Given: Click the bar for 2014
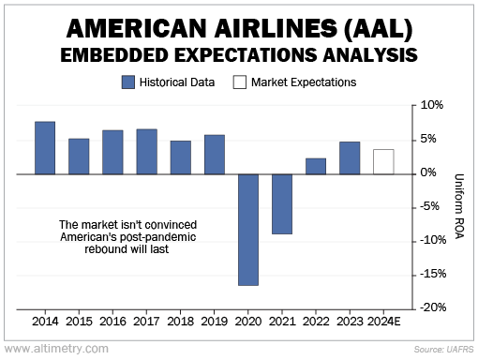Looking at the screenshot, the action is [x=45, y=148].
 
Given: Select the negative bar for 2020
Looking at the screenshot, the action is [x=248, y=230].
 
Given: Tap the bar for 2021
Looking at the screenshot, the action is [x=282, y=204].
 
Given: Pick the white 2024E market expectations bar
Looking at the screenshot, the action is [x=383, y=162].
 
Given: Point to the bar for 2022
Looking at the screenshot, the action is [x=316, y=166].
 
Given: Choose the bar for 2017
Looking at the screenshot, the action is [x=147, y=152].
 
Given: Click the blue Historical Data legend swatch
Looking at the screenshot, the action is [x=128, y=82].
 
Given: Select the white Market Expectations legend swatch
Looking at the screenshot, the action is [x=240, y=82].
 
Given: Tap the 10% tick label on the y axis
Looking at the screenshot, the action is [x=432, y=105].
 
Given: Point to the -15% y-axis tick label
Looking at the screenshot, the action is [x=433, y=274].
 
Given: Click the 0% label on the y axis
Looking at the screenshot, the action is [x=428, y=172].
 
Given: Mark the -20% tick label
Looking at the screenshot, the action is [x=433, y=307].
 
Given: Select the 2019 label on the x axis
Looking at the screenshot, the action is [x=214, y=322].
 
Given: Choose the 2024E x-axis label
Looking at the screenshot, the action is [x=384, y=322].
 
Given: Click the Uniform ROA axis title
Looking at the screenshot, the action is [x=458, y=206].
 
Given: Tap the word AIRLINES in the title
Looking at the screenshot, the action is [x=276, y=28].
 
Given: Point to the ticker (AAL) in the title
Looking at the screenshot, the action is [x=379, y=29].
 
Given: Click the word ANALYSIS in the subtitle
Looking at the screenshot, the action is [x=370, y=55].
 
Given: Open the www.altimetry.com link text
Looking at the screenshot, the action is [x=56, y=349].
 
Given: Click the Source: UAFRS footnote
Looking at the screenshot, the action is [x=444, y=349].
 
